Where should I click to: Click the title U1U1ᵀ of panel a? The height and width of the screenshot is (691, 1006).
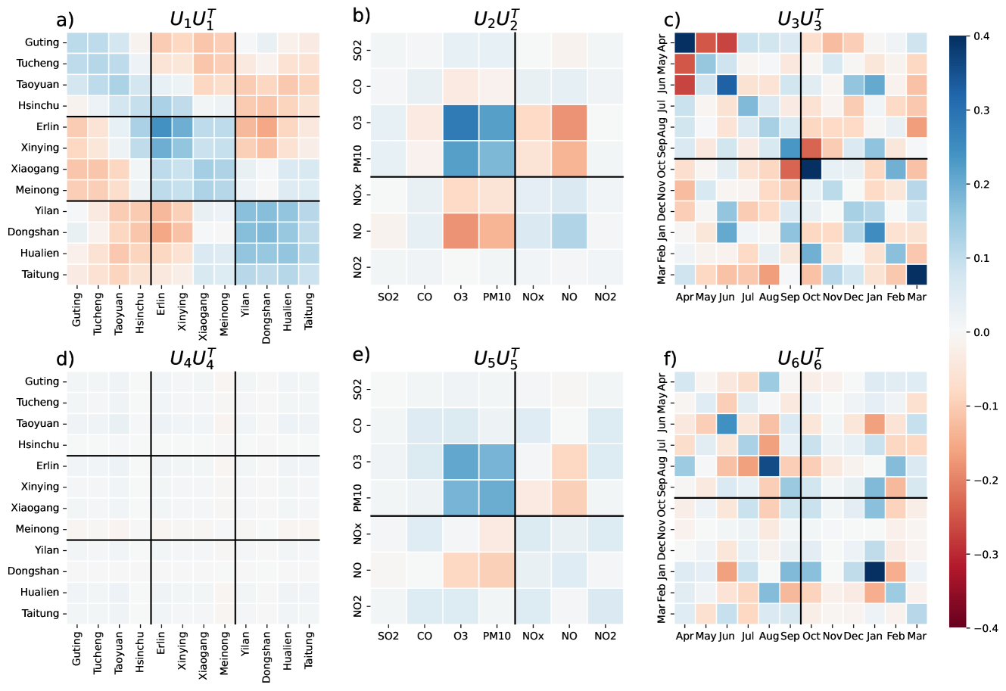pyautogui.click(x=193, y=18)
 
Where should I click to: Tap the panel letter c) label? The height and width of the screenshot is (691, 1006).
pyautogui.click(x=672, y=20)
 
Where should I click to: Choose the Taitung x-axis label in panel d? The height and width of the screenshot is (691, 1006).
pyautogui.click(x=308, y=649)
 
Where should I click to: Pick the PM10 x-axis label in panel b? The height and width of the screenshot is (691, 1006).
pyautogui.click(x=497, y=297)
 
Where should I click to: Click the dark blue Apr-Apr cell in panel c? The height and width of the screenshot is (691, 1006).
pyautogui.click(x=684, y=43)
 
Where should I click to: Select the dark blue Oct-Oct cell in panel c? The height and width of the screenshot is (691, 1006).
pyautogui.click(x=811, y=169)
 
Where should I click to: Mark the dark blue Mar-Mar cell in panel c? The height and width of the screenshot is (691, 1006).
pyautogui.click(x=916, y=274)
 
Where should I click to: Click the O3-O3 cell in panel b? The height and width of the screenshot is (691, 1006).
pyautogui.click(x=460, y=123)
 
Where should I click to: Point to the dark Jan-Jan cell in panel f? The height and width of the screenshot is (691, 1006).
pyautogui.click(x=874, y=571)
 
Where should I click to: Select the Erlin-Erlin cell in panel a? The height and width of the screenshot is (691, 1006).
pyautogui.click(x=161, y=126)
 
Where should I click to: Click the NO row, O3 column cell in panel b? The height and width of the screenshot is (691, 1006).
pyautogui.click(x=460, y=231)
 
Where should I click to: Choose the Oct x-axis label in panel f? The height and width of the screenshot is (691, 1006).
pyautogui.click(x=811, y=637)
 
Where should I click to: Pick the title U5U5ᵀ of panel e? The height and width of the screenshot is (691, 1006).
pyautogui.click(x=497, y=357)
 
